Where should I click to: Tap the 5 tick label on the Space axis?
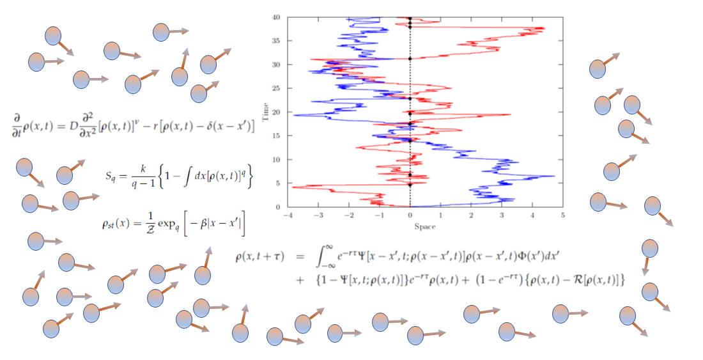tap(562, 215)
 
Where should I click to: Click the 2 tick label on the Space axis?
tap(471, 215)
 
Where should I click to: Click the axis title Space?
tap(424, 226)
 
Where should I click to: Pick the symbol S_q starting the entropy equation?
tap(112, 175)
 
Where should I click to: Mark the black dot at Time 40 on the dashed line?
tap(410, 18)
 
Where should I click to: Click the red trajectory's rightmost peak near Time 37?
tap(544, 29)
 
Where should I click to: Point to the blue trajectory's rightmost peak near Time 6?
tap(553, 176)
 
